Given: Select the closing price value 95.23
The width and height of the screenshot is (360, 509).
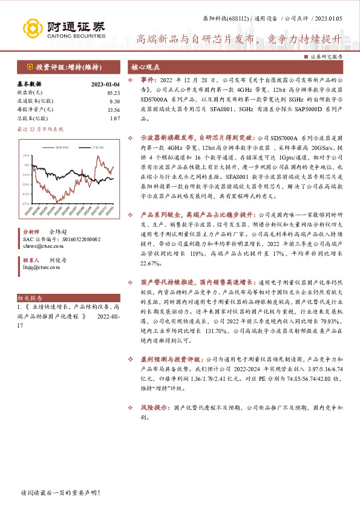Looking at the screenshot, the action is click(x=113, y=93).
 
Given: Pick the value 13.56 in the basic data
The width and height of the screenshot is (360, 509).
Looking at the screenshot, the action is click(x=113, y=110).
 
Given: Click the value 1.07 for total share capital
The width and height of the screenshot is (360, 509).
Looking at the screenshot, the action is click(x=114, y=118).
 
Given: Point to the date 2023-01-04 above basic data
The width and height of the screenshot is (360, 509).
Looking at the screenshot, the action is click(x=106, y=85).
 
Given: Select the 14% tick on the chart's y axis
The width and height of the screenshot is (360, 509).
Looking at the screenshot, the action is click(x=27, y=155).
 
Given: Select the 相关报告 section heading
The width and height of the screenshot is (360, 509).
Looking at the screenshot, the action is click(x=29, y=298).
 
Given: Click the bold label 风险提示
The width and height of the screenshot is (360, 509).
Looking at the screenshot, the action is click(x=154, y=408).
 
